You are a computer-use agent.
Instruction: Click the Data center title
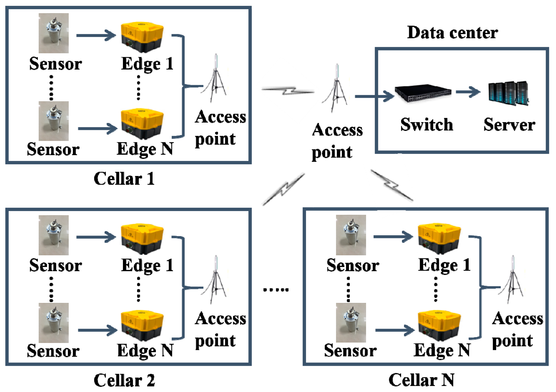[x=452, y=33]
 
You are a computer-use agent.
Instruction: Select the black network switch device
[x=423, y=93]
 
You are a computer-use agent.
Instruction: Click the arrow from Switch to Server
[x=468, y=92]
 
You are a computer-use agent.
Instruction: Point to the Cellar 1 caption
[x=124, y=178]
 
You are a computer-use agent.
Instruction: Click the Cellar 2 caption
[x=124, y=380]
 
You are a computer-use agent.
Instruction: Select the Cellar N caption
[x=421, y=380]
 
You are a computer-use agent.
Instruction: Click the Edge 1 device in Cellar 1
[x=142, y=37]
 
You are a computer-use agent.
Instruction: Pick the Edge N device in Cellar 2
[x=142, y=325]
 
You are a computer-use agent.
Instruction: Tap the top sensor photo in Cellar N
[x=351, y=235]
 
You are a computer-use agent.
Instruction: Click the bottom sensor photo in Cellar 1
[x=53, y=121]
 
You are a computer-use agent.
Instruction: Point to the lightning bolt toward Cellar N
[x=392, y=185]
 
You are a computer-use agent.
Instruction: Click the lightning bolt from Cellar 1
[x=288, y=90]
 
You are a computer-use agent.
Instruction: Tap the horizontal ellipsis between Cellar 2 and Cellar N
[x=276, y=290]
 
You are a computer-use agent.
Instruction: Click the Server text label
[x=509, y=124]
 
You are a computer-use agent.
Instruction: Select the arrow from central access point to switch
[x=374, y=96]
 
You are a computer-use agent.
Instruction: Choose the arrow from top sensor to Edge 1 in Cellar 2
[x=96, y=237]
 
